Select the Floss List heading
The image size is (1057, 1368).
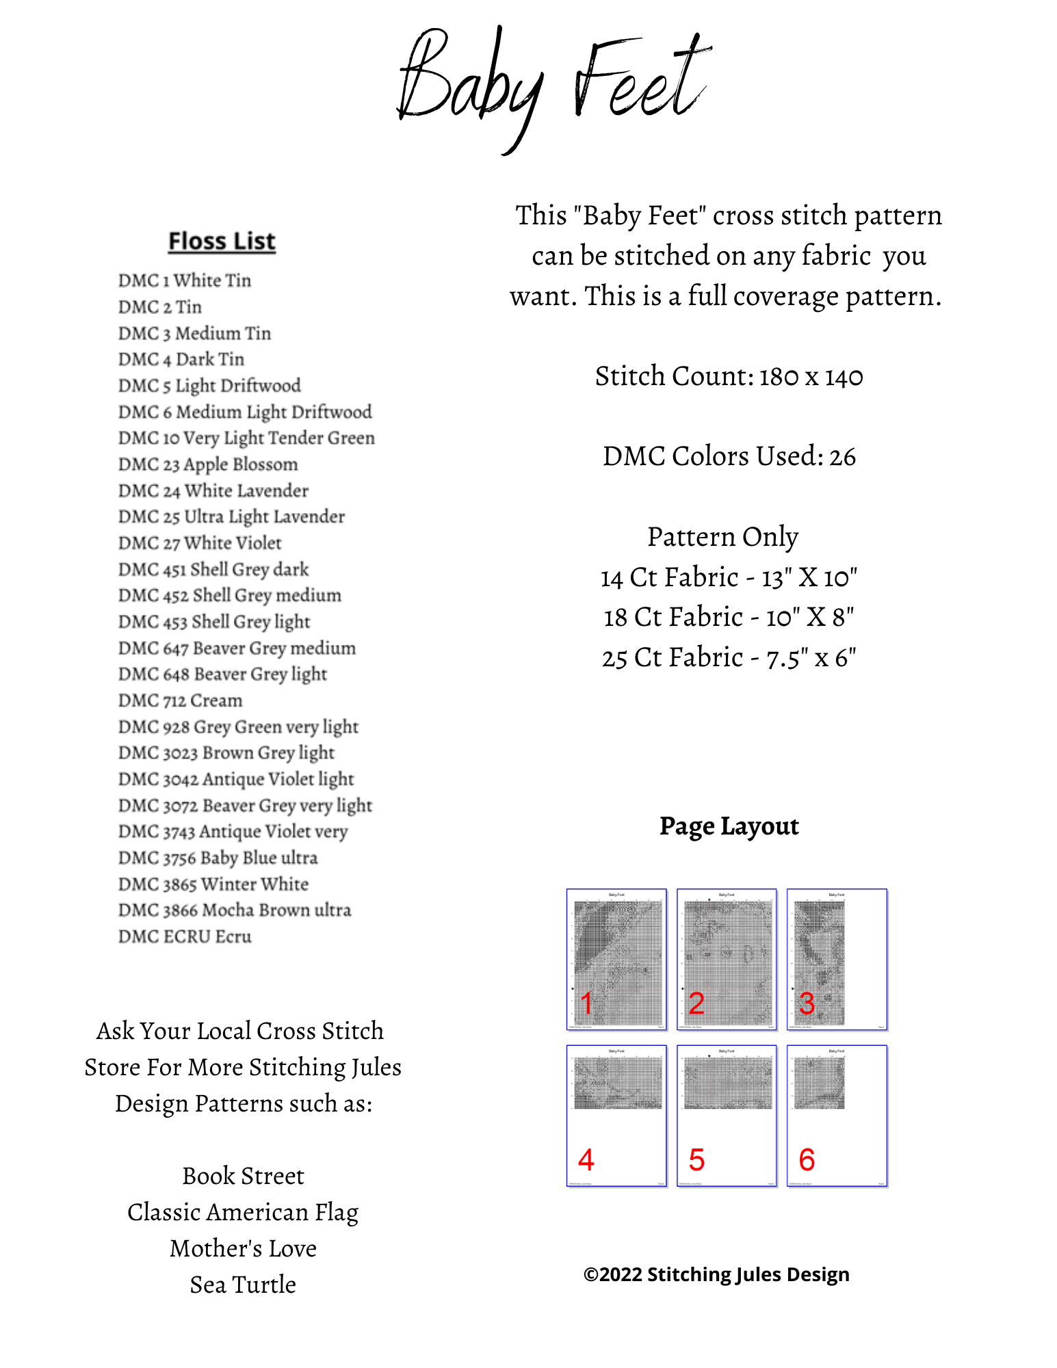point(222,241)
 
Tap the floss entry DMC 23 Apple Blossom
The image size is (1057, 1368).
point(208,464)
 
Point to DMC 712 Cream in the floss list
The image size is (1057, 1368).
point(180,700)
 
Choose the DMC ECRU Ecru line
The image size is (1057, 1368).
point(185,936)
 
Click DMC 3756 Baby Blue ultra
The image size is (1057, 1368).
point(218,858)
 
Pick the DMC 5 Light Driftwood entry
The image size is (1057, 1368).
point(209,386)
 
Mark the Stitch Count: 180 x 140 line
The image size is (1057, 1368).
point(729,376)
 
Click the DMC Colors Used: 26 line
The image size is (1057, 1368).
point(729,456)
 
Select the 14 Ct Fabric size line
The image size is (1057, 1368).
point(729,577)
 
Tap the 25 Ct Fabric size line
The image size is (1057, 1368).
point(729,658)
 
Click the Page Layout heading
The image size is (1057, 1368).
point(729,826)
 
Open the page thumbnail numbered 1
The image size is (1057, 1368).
point(616,959)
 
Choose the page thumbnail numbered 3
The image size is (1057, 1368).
point(837,959)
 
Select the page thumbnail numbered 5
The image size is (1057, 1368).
point(727,1116)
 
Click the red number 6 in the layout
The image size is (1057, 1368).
point(807,1160)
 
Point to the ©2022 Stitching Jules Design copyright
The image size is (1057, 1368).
point(716,1274)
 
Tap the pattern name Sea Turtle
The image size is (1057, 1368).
point(243,1285)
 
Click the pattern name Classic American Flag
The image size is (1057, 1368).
point(243,1212)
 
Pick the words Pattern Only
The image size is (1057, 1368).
point(722,537)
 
